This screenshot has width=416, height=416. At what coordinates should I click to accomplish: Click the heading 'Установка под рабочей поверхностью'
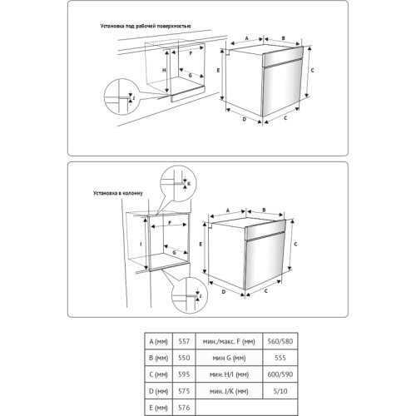coord(146,27)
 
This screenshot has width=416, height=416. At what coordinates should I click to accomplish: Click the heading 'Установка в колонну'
coord(118,193)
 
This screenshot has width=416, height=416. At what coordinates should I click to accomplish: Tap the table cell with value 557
coord(184,341)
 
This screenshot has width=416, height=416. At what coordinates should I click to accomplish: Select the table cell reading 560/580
coord(280,341)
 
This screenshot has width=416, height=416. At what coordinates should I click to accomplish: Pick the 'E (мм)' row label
coord(159,408)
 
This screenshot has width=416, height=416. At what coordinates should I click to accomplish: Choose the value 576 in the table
coord(184,408)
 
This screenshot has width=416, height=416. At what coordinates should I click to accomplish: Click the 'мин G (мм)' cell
coord(229,358)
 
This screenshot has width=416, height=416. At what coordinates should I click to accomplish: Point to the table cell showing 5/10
coord(280,391)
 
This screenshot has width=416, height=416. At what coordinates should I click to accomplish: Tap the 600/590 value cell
coord(280,374)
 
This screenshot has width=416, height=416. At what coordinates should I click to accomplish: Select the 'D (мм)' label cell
coord(159,391)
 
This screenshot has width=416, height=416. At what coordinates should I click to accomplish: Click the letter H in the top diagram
coord(164,71)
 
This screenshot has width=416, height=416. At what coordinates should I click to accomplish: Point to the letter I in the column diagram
coord(141,244)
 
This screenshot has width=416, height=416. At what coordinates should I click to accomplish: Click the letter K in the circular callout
coord(189,184)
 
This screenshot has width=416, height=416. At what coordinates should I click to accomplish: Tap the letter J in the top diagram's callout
coord(133,97)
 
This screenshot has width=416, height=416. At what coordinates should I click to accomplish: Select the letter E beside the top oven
coord(218,71)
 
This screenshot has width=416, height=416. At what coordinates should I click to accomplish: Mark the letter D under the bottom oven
coord(224,292)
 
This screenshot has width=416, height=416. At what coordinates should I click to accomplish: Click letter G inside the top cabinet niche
coord(191,75)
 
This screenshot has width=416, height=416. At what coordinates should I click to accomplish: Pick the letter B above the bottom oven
coord(264,210)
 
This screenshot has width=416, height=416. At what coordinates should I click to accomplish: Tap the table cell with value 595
coord(184,374)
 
